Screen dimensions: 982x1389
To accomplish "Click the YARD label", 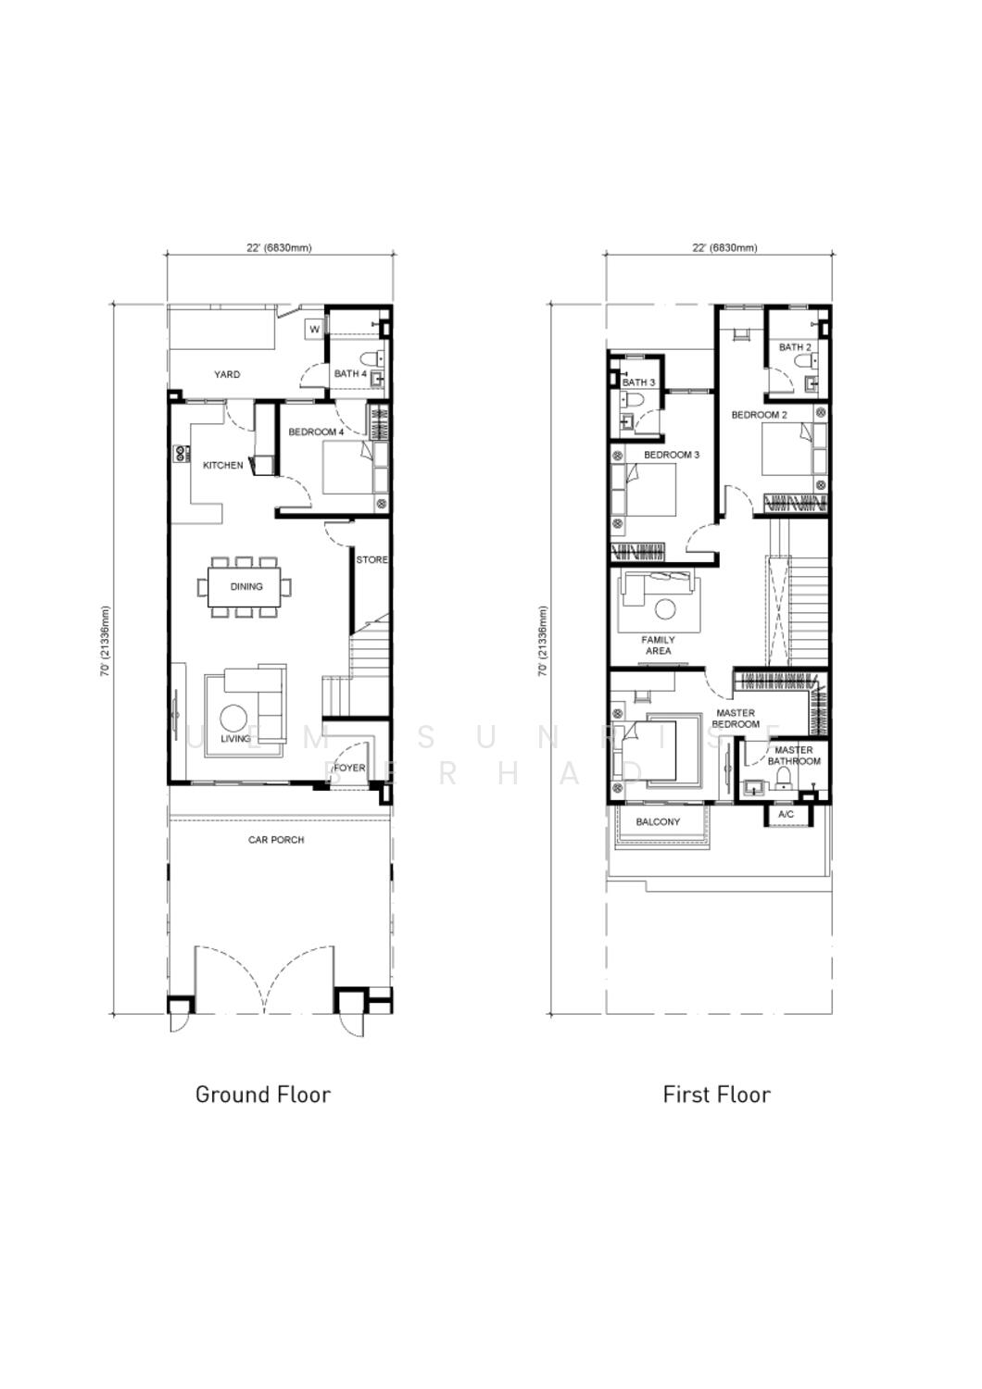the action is pyautogui.click(x=227, y=374).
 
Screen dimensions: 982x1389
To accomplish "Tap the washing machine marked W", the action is pyautogui.click(x=314, y=330).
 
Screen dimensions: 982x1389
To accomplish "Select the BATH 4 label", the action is pyautogui.click(x=350, y=374).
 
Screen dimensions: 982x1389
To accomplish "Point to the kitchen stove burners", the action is pyautogui.click(x=183, y=454).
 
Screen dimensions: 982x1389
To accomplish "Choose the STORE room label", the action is pyautogui.click(x=371, y=560).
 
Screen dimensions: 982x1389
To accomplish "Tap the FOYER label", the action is pyautogui.click(x=350, y=768).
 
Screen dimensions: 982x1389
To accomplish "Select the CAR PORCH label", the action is pyautogui.click(x=276, y=840).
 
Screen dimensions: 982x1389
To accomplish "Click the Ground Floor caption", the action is pyautogui.click(x=263, y=1095).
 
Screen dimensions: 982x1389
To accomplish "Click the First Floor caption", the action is pyautogui.click(x=716, y=1095).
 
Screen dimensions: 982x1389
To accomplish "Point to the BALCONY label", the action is pyautogui.click(x=658, y=822).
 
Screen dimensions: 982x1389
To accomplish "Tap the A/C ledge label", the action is pyautogui.click(x=786, y=814).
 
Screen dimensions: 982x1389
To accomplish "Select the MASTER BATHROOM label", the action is pyautogui.click(x=794, y=756).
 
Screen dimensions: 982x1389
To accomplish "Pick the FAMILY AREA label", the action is pyautogui.click(x=658, y=645).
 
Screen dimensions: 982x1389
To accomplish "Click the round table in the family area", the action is pyautogui.click(x=665, y=609).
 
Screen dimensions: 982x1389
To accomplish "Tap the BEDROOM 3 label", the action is pyautogui.click(x=672, y=456).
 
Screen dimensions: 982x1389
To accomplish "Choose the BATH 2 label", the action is pyautogui.click(x=795, y=347).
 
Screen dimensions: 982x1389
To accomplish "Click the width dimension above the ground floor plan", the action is pyautogui.click(x=279, y=248).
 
